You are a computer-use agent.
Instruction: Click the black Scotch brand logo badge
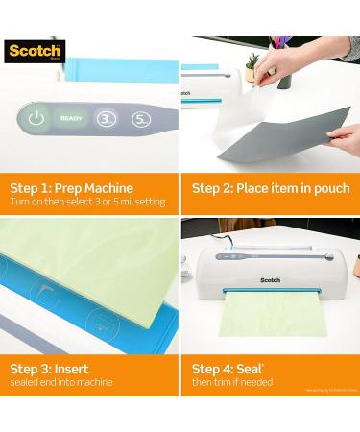pyautogui.click(x=34, y=51)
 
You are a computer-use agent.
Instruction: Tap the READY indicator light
pyautogui.click(x=70, y=118)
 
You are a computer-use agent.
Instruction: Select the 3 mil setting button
pyautogui.click(x=108, y=119)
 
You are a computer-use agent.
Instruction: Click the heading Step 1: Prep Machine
pyautogui.click(x=71, y=188)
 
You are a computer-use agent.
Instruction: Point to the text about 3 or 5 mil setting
pyautogui.click(x=87, y=202)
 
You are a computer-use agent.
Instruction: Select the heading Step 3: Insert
pyautogui.click(x=50, y=369)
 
